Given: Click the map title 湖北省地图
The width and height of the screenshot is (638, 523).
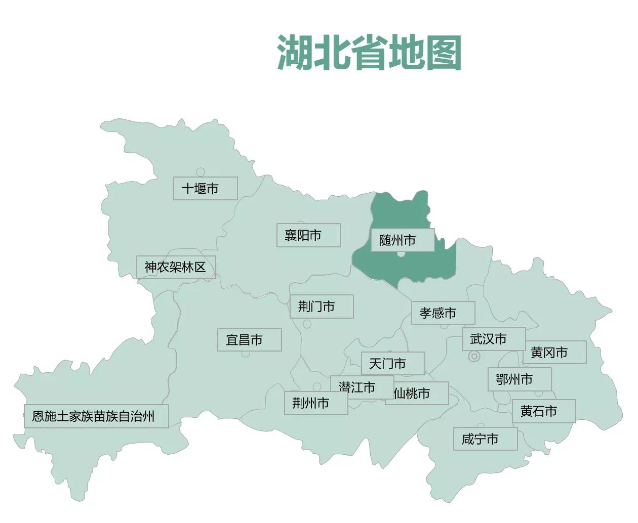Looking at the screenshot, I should pyautogui.click(x=369, y=53).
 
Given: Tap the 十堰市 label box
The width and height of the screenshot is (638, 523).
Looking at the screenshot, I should pyautogui.click(x=205, y=188).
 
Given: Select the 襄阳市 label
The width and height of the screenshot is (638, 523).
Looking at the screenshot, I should pyautogui.click(x=308, y=235).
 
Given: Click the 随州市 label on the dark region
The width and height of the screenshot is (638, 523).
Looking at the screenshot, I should pyautogui.click(x=402, y=240).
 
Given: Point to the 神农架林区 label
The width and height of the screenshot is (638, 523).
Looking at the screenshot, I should pyautogui.click(x=176, y=267).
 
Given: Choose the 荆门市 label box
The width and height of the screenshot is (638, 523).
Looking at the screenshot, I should pyautogui.click(x=321, y=307).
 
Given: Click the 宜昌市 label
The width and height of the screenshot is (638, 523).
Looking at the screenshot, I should pyautogui.click(x=249, y=340).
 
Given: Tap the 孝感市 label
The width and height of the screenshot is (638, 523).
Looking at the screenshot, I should pyautogui.click(x=443, y=313).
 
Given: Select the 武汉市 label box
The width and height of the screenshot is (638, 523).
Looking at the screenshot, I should pyautogui.click(x=493, y=339).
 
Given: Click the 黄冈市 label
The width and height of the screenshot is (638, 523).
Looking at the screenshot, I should pyautogui.click(x=554, y=353).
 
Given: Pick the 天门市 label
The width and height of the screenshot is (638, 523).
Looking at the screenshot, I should pyautogui.click(x=392, y=363).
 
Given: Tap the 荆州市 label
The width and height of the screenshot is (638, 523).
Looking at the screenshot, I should pyautogui.click(x=315, y=403).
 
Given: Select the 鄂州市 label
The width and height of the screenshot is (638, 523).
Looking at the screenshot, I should pyautogui.click(x=519, y=379).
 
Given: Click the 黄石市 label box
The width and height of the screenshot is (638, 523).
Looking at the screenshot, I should pyautogui.click(x=543, y=411).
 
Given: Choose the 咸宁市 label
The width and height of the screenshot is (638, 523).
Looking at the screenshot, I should pyautogui.click(x=485, y=439).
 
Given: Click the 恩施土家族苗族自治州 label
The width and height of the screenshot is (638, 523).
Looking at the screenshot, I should pyautogui.click(x=96, y=416).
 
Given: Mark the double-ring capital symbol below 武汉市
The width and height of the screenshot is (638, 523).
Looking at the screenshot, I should pyautogui.click(x=474, y=357).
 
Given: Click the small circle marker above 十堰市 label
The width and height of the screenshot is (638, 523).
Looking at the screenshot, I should pyautogui.click(x=201, y=172).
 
